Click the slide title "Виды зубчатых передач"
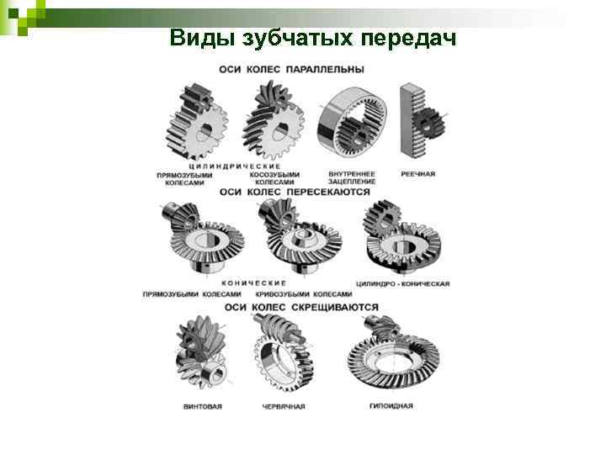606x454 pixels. click(x=312, y=38)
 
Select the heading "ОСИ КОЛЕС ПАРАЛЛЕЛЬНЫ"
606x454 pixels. click(x=292, y=70)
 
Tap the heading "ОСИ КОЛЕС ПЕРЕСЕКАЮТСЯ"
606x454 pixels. click(x=295, y=192)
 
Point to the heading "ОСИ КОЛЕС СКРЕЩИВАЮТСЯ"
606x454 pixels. click(x=301, y=308)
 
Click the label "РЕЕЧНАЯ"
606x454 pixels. click(x=418, y=174)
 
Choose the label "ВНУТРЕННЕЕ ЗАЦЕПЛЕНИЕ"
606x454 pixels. click(x=352, y=178)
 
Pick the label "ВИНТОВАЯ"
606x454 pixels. click(x=203, y=407)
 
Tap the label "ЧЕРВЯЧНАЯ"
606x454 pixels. click(x=284, y=407)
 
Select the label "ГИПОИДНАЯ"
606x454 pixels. click(x=391, y=406)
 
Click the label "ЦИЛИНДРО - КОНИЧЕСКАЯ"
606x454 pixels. click(x=402, y=284)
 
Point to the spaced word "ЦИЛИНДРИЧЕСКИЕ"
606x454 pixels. click(x=235, y=166)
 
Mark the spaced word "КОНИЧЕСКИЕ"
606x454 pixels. click(x=254, y=283)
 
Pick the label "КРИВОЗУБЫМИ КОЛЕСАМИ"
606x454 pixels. click(x=304, y=294)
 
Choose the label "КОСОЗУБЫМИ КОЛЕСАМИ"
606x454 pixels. click(x=274, y=178)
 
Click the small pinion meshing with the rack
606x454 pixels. click(x=430, y=123)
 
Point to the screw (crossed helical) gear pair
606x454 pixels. click(x=201, y=351)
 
